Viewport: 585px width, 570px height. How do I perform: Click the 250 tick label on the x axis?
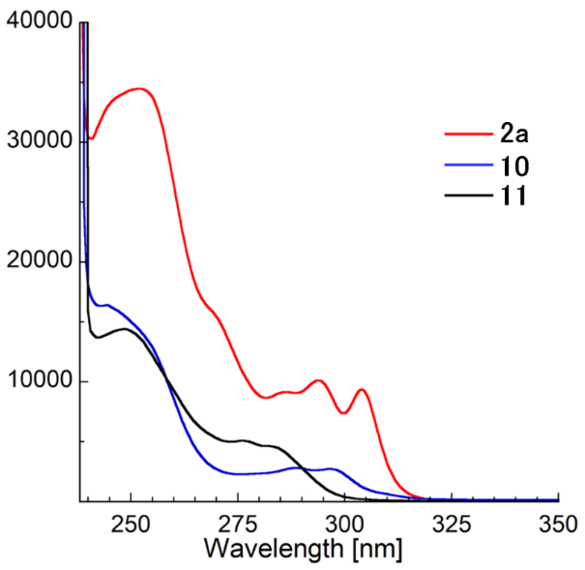pos(129,524)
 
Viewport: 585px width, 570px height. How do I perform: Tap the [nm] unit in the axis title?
pos(371,549)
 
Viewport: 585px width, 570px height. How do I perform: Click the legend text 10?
pos(513,165)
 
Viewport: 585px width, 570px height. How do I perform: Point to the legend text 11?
pos(512,197)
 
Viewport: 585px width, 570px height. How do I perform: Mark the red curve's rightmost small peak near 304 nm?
pos(362,389)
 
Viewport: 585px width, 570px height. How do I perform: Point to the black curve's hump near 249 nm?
pos(125,329)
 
